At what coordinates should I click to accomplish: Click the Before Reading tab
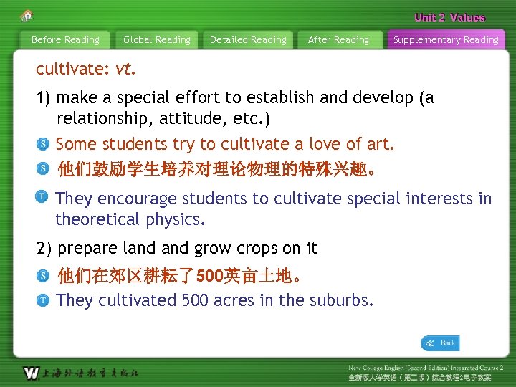(65, 40)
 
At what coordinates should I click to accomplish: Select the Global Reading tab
(157, 40)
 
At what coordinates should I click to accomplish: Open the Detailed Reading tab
(248, 40)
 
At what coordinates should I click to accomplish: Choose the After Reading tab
(338, 40)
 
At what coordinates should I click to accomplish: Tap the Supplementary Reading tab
(446, 40)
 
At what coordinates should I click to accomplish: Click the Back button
(440, 343)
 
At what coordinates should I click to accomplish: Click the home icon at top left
(27, 16)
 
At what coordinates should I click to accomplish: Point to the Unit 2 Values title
(449, 18)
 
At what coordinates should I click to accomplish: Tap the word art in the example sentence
(378, 144)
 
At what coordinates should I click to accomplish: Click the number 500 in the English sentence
(195, 300)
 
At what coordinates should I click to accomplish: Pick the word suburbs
(340, 300)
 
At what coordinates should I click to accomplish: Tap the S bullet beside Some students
(43, 144)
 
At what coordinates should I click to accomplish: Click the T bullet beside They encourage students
(43, 196)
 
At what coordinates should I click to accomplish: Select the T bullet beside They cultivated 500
(43, 300)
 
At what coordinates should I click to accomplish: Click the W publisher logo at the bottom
(32, 373)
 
